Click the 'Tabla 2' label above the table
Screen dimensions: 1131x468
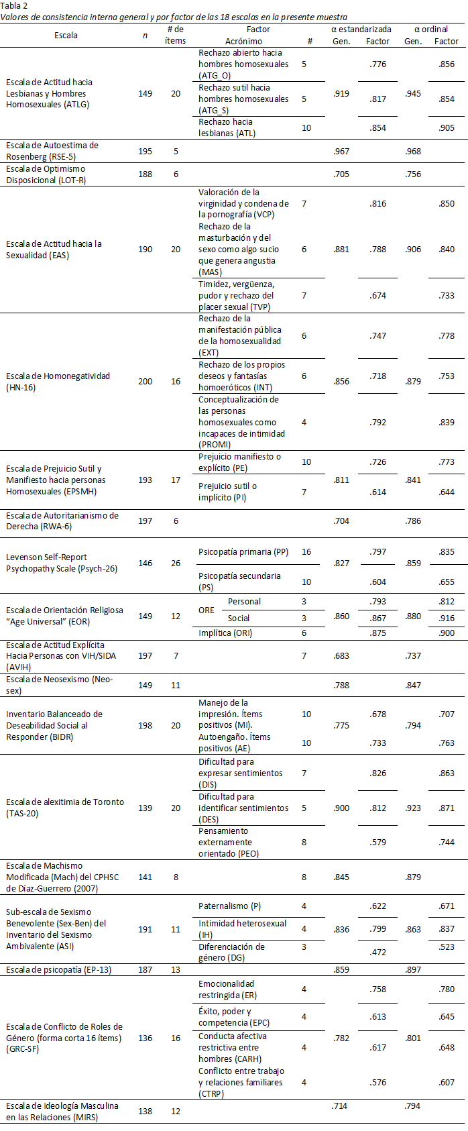click(13, 5)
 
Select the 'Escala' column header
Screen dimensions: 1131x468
click(66, 35)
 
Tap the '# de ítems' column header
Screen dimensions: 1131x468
click(175, 35)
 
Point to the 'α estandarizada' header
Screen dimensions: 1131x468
click(361, 30)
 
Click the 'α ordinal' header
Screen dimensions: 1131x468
click(430, 30)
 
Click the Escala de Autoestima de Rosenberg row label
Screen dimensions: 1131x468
click(52, 151)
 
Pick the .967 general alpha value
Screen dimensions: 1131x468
click(341, 152)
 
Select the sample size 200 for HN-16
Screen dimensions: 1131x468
click(145, 382)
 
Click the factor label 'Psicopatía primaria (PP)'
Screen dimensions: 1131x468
click(243, 552)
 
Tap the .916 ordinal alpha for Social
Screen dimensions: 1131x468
click(446, 618)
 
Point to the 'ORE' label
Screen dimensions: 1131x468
click(207, 610)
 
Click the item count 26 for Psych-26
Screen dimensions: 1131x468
click(176, 563)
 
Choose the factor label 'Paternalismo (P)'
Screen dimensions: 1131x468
click(230, 906)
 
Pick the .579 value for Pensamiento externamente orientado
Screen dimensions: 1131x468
click(378, 843)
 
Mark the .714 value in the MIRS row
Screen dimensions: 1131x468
click(339, 1106)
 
